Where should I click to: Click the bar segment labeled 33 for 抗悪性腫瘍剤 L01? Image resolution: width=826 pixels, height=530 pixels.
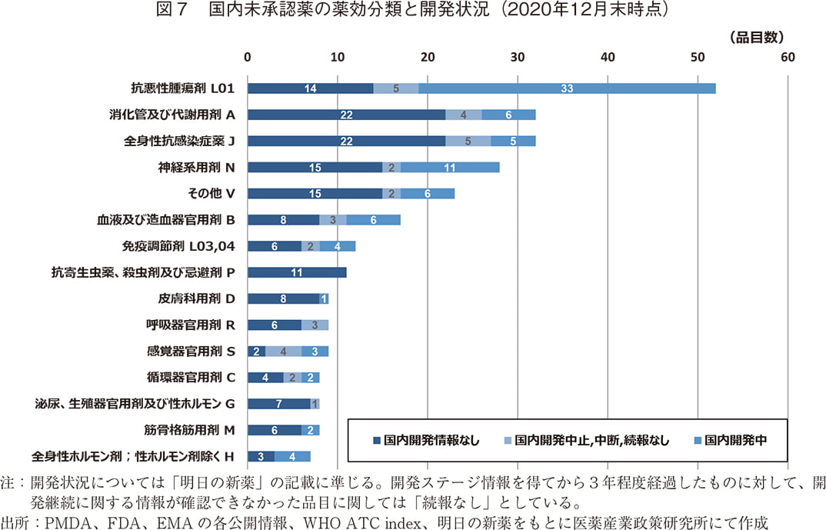[567, 88]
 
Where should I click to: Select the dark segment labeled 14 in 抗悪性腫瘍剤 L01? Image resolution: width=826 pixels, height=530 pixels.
[310, 88]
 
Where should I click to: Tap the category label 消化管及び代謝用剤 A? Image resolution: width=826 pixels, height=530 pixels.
[171, 115]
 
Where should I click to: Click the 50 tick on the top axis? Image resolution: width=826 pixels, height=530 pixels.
[698, 58]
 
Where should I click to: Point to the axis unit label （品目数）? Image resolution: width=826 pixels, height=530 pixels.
[754, 37]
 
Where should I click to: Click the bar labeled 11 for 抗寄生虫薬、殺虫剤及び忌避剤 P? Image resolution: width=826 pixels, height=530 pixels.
[297, 272]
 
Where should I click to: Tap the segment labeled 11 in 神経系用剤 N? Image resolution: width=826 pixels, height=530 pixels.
[450, 168]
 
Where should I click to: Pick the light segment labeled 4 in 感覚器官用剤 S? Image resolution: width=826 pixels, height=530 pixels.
[284, 352]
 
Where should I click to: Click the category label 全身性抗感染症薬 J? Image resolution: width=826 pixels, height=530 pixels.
[178, 142]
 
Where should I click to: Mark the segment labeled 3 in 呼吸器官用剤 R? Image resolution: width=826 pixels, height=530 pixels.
[315, 325]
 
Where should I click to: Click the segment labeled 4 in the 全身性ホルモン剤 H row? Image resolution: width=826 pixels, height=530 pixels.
[292, 456]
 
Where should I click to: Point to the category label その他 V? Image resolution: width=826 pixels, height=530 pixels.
[210, 194]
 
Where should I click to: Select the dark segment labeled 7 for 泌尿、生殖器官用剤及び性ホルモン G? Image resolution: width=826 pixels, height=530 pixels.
[279, 404]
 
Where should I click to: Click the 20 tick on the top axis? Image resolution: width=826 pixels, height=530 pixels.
[428, 58]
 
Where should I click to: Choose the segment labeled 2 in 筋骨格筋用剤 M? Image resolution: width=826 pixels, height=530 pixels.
[310, 430]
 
